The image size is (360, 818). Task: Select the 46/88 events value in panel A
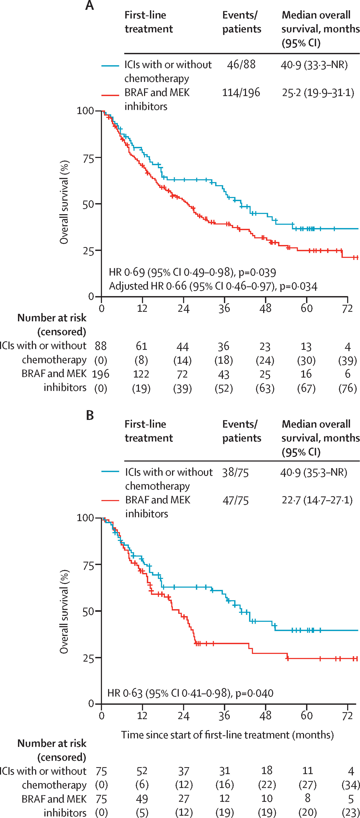241,64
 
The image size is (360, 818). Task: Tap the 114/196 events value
241,92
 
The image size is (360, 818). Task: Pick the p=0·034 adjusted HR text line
213,286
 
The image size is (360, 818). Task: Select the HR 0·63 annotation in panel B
190,693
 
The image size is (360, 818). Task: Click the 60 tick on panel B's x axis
306,715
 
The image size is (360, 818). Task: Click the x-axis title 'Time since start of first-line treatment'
227,735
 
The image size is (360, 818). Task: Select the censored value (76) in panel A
348,388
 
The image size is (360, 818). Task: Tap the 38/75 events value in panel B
235,473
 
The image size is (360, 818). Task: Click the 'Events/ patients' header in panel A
242,22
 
